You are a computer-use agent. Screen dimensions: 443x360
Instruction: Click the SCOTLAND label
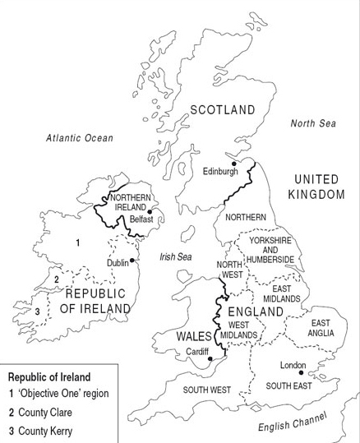(222, 109)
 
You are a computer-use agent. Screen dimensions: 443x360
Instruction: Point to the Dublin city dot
(132, 261)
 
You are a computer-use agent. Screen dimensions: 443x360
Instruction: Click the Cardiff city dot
(211, 359)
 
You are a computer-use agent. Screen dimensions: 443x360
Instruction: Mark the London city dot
(301, 373)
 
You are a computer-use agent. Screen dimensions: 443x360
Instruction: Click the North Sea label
(314, 123)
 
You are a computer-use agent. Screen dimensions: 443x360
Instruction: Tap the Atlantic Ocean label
(80, 138)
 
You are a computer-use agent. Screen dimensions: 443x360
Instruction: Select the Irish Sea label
(175, 256)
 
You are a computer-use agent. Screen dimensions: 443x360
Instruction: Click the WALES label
(194, 336)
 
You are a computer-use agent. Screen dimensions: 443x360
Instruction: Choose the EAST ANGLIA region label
(320, 329)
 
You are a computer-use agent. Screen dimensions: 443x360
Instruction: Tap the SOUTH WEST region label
(206, 390)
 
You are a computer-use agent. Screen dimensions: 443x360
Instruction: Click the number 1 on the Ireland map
(77, 242)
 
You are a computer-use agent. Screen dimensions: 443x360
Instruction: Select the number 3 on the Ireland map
(37, 311)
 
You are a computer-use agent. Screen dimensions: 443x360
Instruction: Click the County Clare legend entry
(48, 413)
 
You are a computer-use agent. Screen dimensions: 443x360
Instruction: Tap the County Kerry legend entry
(48, 431)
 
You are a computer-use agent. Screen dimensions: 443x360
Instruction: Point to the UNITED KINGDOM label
(316, 187)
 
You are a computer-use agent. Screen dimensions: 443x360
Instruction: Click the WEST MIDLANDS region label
(239, 329)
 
